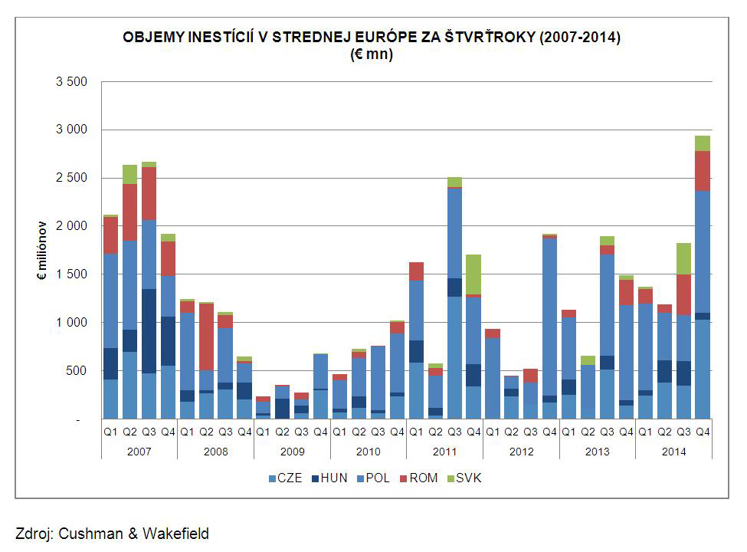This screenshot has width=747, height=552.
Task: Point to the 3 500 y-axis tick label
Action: coord(72,82)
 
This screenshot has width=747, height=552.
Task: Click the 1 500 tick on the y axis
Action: coord(72,274)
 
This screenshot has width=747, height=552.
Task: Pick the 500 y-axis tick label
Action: coord(78,371)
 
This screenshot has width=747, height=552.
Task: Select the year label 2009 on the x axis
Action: coord(292,451)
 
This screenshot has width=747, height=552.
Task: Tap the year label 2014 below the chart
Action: coord(674,451)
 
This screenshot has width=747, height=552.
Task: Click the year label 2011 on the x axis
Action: coord(445,451)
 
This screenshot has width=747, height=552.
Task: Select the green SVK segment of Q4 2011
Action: coord(473,274)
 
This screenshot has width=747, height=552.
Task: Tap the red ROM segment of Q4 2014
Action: coord(703,170)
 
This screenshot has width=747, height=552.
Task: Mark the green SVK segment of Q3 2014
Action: coord(683,258)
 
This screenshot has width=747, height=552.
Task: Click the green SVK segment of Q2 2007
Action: coord(129,174)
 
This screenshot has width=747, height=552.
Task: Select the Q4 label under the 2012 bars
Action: coord(549,431)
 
